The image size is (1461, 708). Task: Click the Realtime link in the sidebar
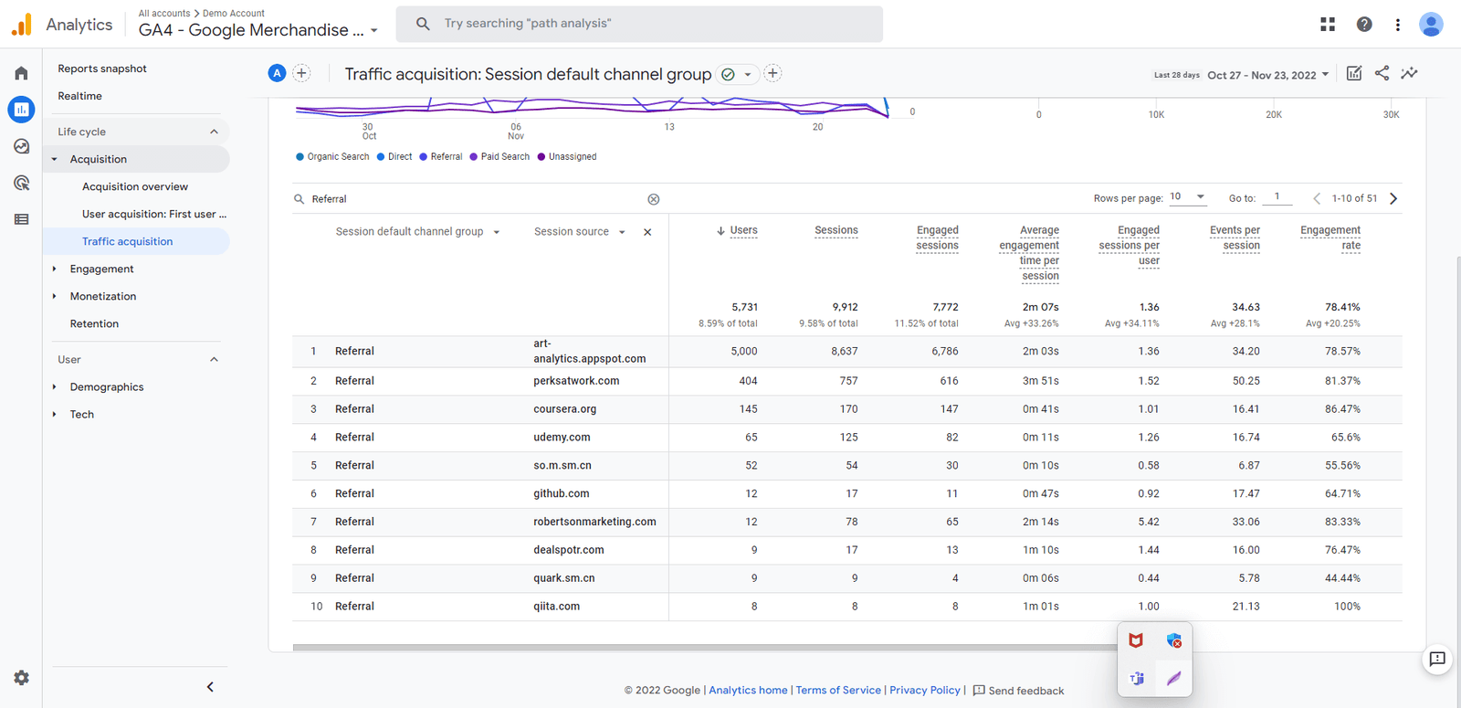click(79, 96)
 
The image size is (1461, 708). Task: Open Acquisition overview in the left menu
click(134, 186)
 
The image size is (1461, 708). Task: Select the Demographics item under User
click(106, 387)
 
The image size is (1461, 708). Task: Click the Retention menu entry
click(94, 323)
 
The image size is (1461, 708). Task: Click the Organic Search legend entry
click(337, 157)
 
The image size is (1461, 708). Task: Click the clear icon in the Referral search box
click(654, 199)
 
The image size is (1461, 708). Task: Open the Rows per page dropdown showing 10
click(1187, 197)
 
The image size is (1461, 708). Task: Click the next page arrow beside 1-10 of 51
click(1393, 198)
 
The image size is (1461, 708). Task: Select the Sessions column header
click(836, 230)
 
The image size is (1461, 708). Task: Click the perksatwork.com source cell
click(576, 381)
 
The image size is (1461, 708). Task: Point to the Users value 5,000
click(743, 351)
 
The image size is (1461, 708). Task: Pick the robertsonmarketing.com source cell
click(594, 522)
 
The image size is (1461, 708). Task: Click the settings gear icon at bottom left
click(21, 678)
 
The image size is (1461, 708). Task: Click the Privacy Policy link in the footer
click(924, 691)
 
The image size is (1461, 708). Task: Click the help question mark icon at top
click(1363, 25)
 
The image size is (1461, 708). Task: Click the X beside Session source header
click(647, 232)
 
